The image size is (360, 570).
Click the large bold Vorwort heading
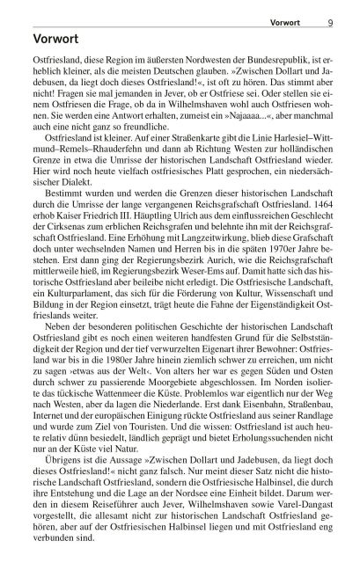pos(56,40)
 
